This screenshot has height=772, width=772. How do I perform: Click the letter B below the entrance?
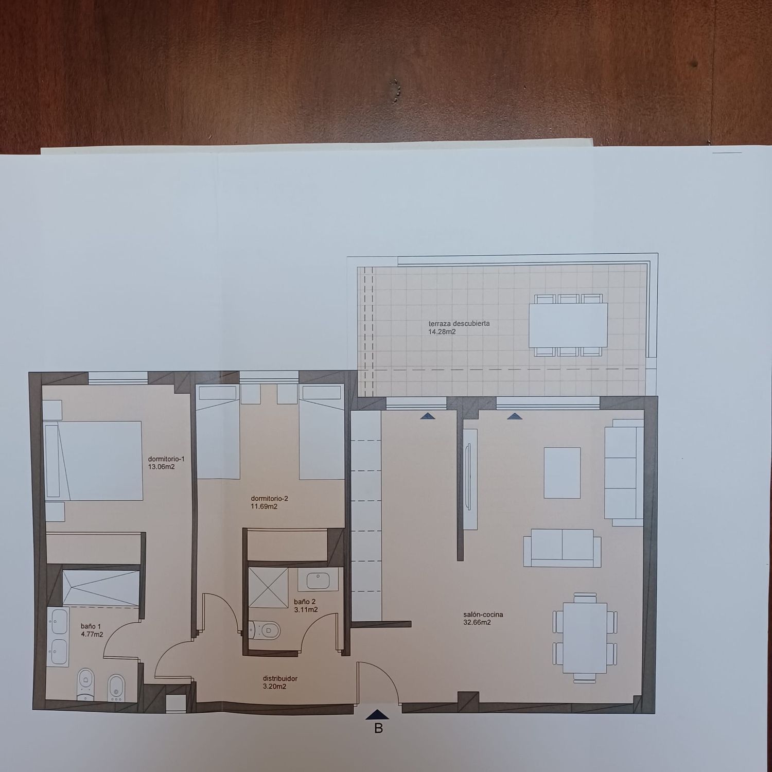[x=378, y=728]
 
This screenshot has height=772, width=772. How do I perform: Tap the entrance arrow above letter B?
[x=378, y=714]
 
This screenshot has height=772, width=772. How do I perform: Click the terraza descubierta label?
[x=459, y=324]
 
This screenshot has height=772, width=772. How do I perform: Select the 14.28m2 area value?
[x=442, y=332]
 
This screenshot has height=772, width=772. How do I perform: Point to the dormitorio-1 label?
[x=166, y=459]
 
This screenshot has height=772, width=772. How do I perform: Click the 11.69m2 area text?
[x=264, y=506]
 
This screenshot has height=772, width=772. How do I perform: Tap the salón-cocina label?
[x=483, y=615]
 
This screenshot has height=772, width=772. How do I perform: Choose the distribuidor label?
[x=280, y=678]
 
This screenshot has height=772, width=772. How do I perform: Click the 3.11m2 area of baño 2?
[x=306, y=610]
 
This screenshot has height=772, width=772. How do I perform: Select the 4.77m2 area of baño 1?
[x=92, y=635]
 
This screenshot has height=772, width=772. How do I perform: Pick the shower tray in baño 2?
[x=268, y=587]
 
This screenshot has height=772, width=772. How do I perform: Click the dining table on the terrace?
[x=568, y=325]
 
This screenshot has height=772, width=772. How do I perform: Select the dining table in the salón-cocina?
[x=585, y=638]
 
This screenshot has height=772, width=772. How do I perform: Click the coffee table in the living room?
[x=562, y=473]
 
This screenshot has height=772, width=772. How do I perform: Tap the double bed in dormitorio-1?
[x=93, y=461]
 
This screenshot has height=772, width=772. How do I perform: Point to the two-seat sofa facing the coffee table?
[x=562, y=548]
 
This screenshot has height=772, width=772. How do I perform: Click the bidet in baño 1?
[x=116, y=687]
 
